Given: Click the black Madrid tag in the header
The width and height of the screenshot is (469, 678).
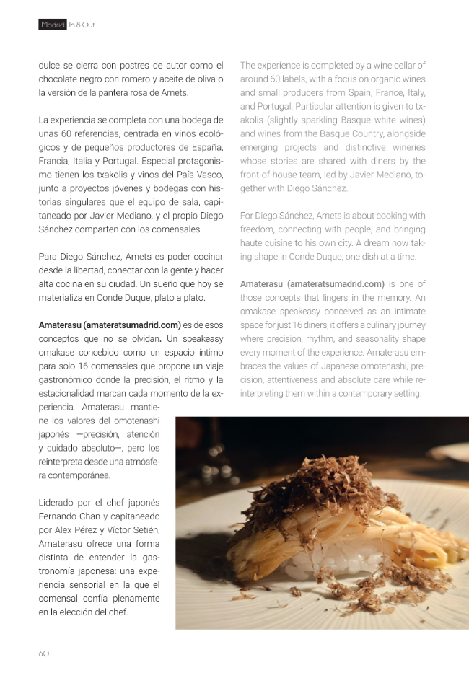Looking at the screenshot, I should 53,25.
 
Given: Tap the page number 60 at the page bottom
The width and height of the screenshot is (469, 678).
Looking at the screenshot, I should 44,653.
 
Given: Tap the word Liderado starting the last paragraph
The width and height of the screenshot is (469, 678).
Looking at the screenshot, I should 57,503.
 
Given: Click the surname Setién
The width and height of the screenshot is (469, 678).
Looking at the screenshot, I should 145,530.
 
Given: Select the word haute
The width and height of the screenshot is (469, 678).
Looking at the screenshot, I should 253,243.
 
